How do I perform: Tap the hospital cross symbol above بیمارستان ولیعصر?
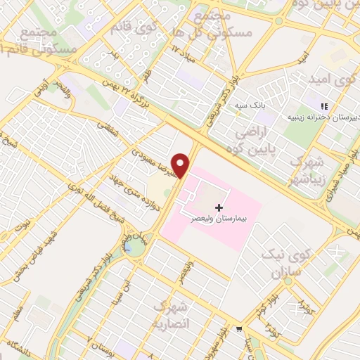coord(219,207)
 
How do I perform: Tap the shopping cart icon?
coord(240,328)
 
